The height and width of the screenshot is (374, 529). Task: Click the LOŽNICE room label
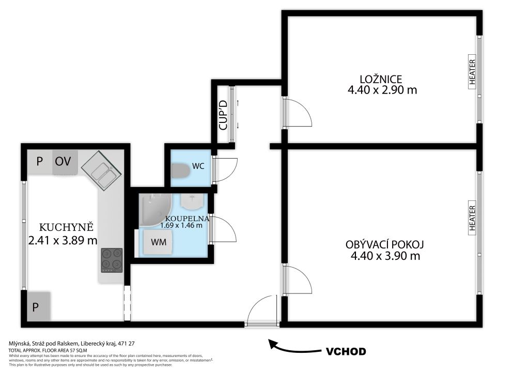pos(381,79)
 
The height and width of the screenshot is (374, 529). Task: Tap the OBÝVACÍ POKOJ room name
pos(384,244)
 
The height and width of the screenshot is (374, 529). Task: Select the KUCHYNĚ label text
pos(66,227)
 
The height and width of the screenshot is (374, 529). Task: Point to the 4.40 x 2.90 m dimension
pos(382,90)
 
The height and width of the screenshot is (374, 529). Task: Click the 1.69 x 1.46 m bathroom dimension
pos(181,225)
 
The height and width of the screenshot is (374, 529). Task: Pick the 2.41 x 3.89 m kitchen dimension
pos(63,240)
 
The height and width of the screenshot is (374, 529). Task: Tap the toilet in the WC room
pos(180,170)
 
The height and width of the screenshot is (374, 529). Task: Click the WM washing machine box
pos(158,242)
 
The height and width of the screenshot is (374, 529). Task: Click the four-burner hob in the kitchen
pos(112,260)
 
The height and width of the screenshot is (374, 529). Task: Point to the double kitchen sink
pos(102,168)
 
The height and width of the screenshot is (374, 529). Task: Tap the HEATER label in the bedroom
pos(472,72)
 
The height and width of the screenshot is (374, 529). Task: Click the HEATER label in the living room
pos(472,218)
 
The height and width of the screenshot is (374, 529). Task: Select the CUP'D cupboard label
pos(223,115)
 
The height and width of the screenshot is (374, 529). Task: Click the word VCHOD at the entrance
pos(346,351)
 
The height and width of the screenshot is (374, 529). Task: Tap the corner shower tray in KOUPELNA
pos(155,210)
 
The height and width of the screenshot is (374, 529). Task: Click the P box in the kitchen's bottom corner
pos(38,306)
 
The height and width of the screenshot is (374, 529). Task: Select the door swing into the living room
pos(298,279)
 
